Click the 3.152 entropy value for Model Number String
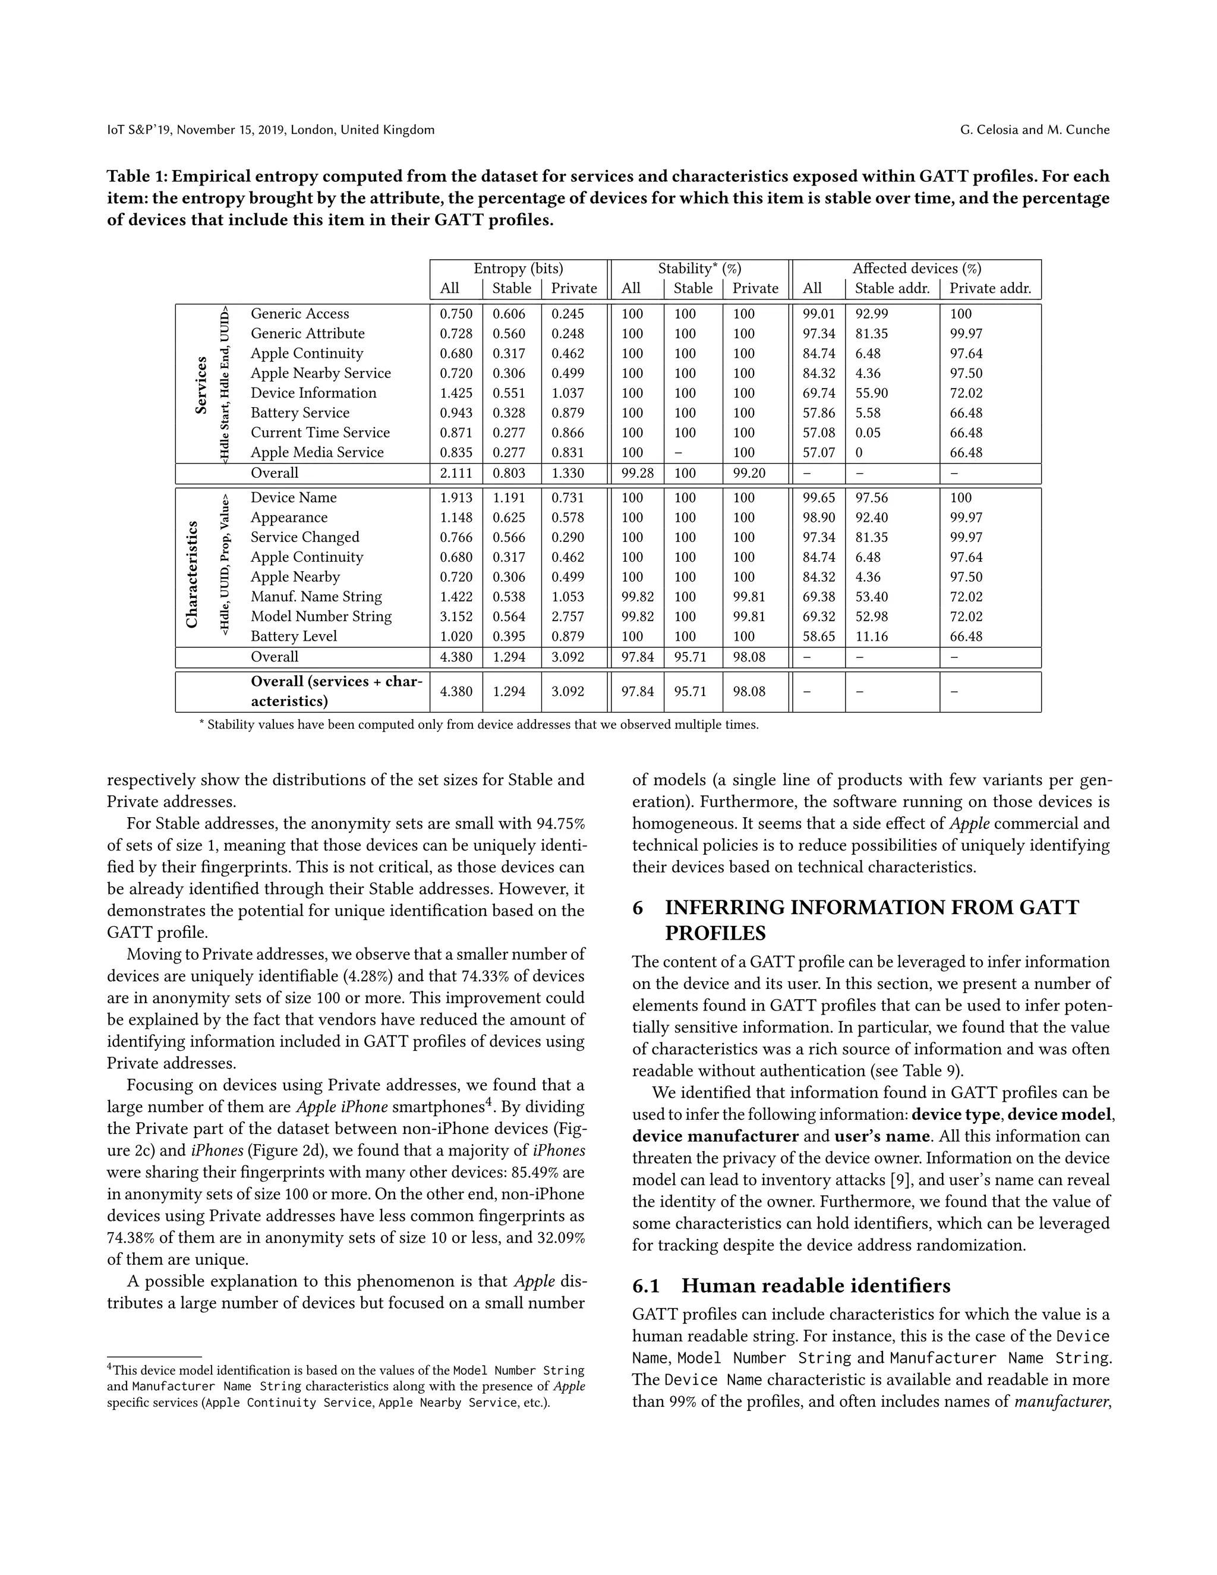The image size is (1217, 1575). (456, 616)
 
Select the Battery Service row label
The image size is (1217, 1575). (300, 412)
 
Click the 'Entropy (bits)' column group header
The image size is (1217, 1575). (518, 268)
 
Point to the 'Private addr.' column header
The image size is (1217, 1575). (990, 288)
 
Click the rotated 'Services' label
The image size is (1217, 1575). (201, 385)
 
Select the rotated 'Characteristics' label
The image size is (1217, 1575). (192, 574)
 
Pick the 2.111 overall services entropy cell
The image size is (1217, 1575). (456, 473)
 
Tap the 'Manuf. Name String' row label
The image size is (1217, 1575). (316, 596)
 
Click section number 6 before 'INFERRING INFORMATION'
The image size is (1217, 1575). (638, 907)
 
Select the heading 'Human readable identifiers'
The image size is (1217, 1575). (815, 1286)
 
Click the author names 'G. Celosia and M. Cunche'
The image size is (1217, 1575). (1035, 130)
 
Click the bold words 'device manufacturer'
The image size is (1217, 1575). (715, 1136)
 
